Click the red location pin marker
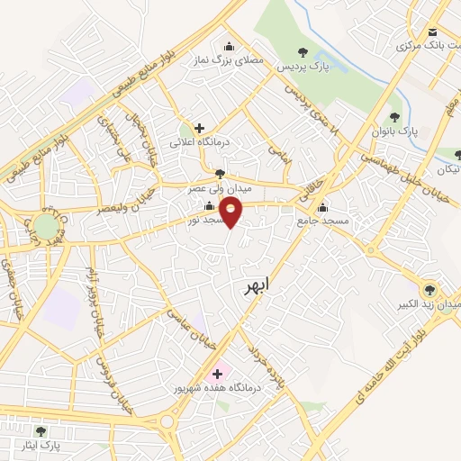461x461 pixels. tap(231, 212)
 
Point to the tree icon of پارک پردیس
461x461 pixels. tap(303, 53)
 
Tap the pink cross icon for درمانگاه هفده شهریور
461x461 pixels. tap(216, 373)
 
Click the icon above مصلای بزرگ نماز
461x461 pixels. tap(229, 47)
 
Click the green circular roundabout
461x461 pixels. tap(46, 225)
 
